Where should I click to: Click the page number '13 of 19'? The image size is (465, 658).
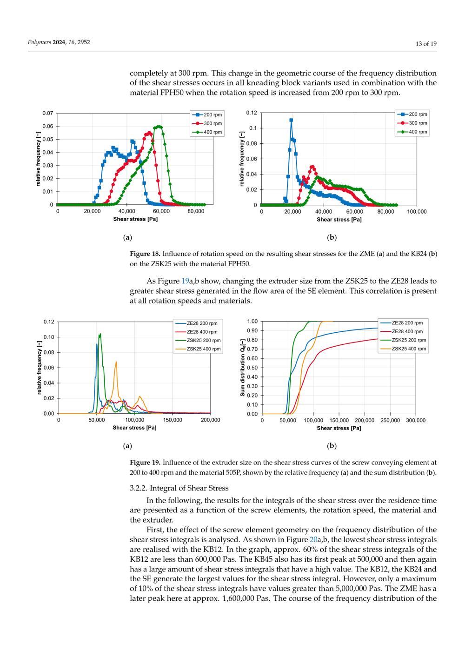click(x=425, y=44)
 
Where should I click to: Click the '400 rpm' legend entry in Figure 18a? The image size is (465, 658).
click(x=213, y=132)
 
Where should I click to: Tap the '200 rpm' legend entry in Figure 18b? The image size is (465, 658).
click(x=418, y=114)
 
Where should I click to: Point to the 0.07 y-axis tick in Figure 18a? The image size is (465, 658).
click(x=47, y=113)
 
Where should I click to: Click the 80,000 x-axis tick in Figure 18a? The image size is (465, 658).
click(x=196, y=211)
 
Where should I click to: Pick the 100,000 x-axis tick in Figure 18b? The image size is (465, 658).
click(x=416, y=211)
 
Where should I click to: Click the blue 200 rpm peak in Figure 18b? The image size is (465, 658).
click(x=291, y=120)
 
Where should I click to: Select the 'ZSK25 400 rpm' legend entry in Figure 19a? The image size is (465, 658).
click(x=203, y=349)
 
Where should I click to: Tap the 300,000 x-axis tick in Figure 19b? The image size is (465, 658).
click(x=416, y=420)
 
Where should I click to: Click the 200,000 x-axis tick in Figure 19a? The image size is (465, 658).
click(x=210, y=420)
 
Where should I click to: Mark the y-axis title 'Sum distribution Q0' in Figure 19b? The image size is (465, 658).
click(x=243, y=368)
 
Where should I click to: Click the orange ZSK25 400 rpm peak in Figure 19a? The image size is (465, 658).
click(x=116, y=362)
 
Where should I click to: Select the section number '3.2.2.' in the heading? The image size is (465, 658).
click(x=139, y=488)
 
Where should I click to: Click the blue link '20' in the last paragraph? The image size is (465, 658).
click(x=313, y=539)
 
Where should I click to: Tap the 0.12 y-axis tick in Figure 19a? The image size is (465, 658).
click(x=49, y=322)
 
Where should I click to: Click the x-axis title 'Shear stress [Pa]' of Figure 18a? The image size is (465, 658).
click(x=135, y=219)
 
